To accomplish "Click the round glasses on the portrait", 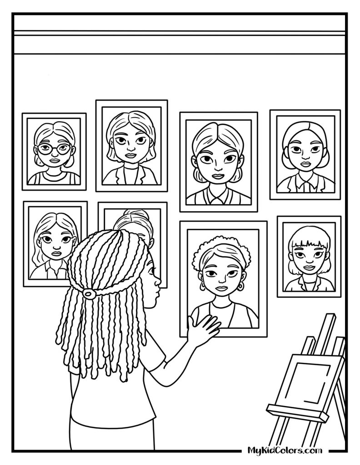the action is tap(54, 148).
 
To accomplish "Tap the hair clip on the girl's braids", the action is tap(88, 293).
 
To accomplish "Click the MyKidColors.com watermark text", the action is tap(285, 450).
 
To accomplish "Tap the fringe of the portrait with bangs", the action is tap(309, 243).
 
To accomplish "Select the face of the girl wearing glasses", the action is tap(54, 151).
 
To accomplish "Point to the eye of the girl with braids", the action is tap(151, 270).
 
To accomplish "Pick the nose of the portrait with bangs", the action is tap(309, 261).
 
